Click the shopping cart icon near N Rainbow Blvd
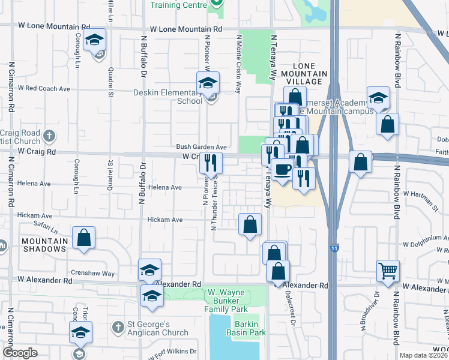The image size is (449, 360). point(388,271)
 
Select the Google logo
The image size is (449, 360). point(20,353)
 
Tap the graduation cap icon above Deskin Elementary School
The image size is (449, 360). point(208,82)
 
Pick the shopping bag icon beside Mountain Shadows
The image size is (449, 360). point(83,238)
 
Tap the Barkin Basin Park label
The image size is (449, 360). point(250,328)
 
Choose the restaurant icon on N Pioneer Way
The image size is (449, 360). point(211,162)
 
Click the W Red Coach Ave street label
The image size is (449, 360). point(44,88)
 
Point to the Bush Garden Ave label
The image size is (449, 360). point(201,147)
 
